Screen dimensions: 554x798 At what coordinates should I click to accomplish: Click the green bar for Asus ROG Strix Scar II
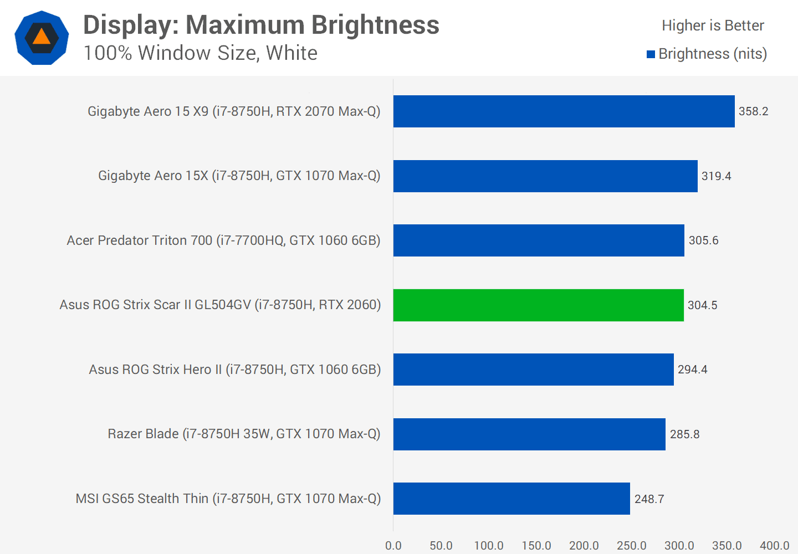(x=538, y=305)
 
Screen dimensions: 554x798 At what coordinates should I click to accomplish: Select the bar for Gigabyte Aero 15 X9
(x=564, y=111)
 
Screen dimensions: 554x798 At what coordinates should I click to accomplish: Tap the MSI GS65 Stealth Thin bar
(x=511, y=498)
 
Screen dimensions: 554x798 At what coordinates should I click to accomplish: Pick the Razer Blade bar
(x=529, y=434)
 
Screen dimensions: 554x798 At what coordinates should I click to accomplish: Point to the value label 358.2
(x=753, y=111)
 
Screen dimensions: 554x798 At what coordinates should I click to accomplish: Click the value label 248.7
(x=649, y=499)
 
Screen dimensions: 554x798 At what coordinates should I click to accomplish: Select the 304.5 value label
(x=702, y=305)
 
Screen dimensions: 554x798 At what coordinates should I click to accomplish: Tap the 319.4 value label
(x=716, y=176)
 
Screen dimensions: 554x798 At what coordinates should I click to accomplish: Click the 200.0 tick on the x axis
(x=584, y=546)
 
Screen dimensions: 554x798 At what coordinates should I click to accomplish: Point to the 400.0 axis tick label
(x=774, y=546)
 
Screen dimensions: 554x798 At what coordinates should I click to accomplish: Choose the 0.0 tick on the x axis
(x=393, y=546)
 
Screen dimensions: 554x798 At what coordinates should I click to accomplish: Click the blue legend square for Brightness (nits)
(x=651, y=54)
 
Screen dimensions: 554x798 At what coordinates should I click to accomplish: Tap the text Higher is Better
(x=713, y=25)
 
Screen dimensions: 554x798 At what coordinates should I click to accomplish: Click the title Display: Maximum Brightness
(x=261, y=25)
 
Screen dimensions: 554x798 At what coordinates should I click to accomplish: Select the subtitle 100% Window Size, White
(x=200, y=53)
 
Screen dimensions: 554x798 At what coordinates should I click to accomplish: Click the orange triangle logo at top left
(x=42, y=37)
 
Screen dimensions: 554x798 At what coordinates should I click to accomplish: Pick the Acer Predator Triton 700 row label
(x=223, y=240)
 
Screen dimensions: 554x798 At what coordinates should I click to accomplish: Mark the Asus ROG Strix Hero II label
(x=234, y=370)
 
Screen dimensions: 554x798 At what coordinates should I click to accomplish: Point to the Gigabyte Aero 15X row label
(x=239, y=176)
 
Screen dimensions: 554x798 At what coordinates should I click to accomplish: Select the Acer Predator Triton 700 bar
(x=539, y=240)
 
